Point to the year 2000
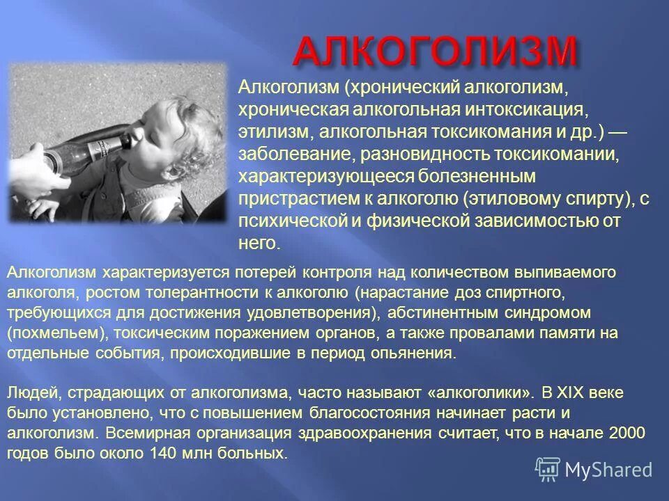pos(626,434)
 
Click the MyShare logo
pos(594,470)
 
